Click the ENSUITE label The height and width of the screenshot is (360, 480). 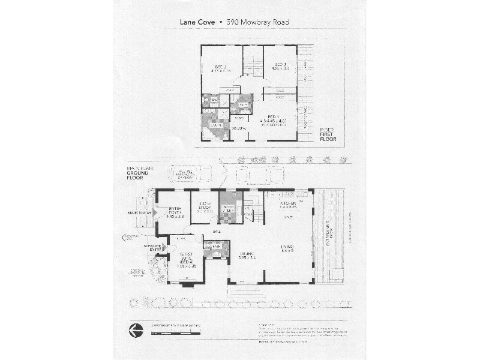pos(215,125)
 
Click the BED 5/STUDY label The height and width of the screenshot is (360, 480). pos(206,207)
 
